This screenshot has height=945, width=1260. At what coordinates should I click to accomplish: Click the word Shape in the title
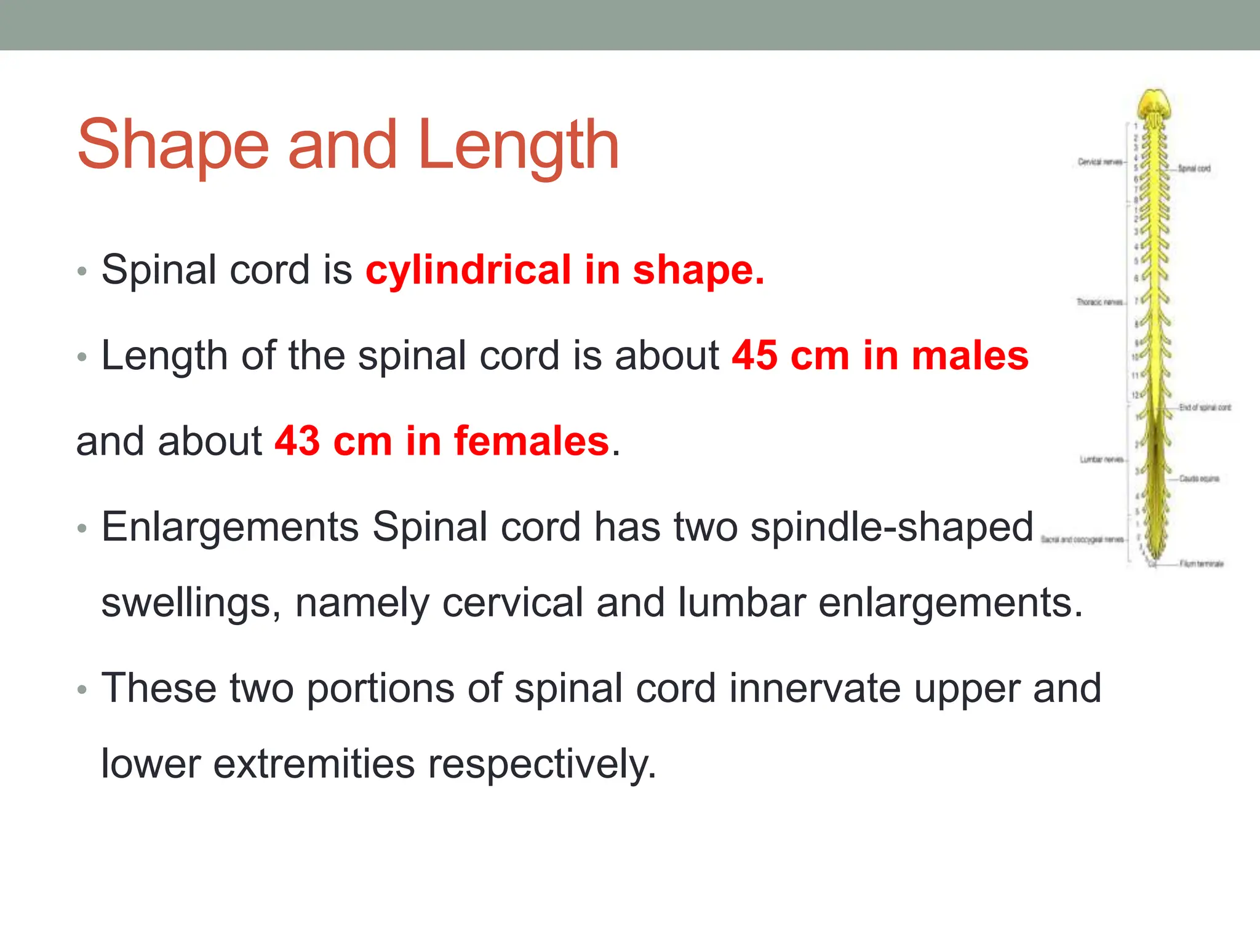pyautogui.click(x=173, y=145)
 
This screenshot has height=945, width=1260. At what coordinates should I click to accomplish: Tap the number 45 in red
pyautogui.click(x=754, y=356)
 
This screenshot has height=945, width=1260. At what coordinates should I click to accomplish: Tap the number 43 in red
pyautogui.click(x=297, y=441)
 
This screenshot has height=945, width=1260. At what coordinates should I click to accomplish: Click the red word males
pyautogui.click(x=970, y=356)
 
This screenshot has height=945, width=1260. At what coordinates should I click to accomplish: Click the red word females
pyautogui.click(x=531, y=441)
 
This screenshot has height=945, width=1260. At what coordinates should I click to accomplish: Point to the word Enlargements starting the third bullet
pyautogui.click(x=230, y=527)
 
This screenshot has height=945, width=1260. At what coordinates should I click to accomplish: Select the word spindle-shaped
pyautogui.click(x=891, y=527)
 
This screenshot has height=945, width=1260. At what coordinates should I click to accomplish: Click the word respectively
pyautogui.click(x=542, y=764)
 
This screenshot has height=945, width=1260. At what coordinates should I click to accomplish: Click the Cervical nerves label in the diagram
pyautogui.click(x=1100, y=162)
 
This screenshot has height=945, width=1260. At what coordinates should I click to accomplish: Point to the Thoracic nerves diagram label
pyautogui.click(x=1100, y=302)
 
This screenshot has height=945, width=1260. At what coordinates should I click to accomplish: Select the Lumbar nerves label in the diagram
pyautogui.click(x=1102, y=460)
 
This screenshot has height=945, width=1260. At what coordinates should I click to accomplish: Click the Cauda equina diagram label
pyautogui.click(x=1199, y=478)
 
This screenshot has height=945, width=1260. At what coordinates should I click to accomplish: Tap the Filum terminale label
pyautogui.click(x=1202, y=564)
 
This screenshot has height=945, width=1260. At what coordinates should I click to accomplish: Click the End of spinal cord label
pyautogui.click(x=1205, y=407)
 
